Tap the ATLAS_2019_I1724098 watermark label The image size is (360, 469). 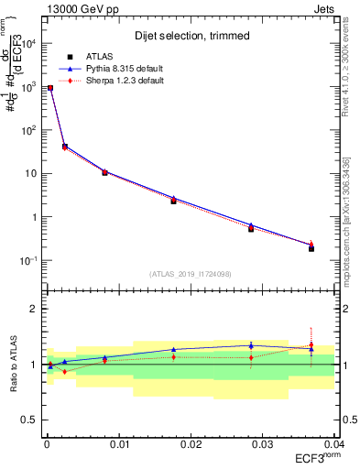point(190,274)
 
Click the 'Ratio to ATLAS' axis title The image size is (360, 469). point(11,365)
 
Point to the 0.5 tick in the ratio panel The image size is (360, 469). point(31,420)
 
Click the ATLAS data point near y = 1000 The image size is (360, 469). point(50,88)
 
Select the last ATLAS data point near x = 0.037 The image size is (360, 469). point(311,249)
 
